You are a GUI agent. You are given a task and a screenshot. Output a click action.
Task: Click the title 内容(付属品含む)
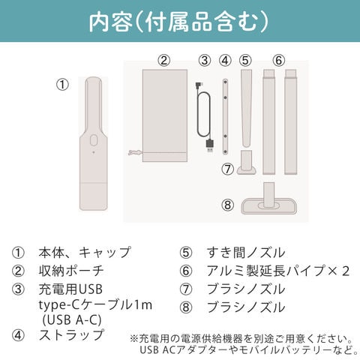[178, 22]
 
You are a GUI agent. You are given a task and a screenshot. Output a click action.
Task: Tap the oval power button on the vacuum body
[94, 139]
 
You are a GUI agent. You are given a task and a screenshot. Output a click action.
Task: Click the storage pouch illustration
[165, 115]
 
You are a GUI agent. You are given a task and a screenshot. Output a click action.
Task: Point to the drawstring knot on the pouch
[135, 152]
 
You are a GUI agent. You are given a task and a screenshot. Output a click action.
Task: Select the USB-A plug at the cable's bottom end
[210, 145]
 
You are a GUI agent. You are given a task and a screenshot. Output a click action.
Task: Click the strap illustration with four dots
[225, 117]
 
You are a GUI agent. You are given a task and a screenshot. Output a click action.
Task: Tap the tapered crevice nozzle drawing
[246, 108]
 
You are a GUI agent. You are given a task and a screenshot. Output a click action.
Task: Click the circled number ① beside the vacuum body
[62, 85]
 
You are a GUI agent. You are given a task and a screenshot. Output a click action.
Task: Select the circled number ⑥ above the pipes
[279, 61]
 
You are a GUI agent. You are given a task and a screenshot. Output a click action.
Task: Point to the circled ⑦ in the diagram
[227, 169]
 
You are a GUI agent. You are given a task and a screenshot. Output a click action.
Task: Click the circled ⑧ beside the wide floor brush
[227, 205]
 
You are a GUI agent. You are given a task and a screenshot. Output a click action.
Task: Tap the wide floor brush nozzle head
[269, 206]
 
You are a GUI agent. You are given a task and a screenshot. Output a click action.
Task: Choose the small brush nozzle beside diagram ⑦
[247, 163]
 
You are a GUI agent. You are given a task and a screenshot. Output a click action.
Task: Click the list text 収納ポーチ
[71, 271]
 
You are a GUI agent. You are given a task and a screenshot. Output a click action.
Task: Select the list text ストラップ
[71, 335]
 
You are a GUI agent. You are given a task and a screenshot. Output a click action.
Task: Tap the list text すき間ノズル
[246, 253]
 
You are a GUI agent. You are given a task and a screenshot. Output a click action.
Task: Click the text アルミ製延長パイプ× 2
[278, 271]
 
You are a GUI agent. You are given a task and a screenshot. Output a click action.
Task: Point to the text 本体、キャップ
[85, 253]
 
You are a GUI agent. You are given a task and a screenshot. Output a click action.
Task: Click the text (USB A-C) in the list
[72, 320]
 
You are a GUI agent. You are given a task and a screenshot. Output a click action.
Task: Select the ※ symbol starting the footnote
[133, 339]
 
